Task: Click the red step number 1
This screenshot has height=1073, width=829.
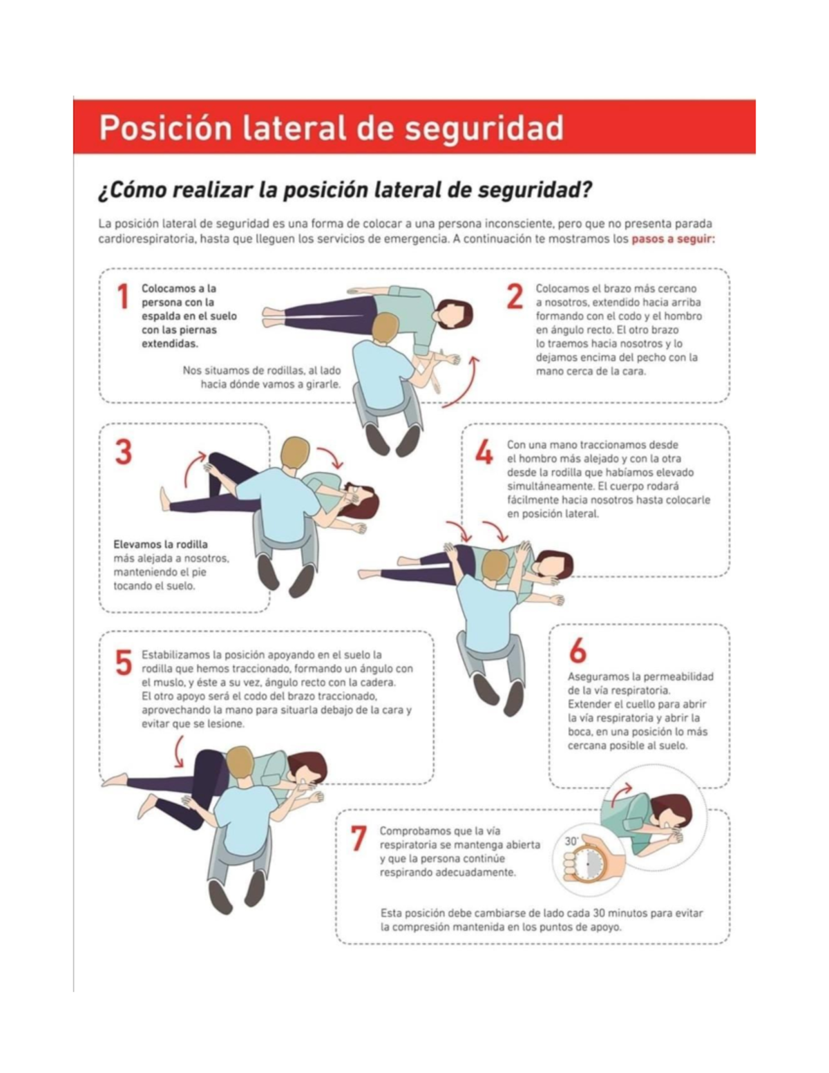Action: tap(123, 297)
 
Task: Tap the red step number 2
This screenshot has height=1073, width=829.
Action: tap(515, 297)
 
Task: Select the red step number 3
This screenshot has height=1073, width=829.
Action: tap(124, 453)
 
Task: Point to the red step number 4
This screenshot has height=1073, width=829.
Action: tap(484, 453)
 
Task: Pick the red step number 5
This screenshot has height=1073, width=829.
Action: tap(124, 663)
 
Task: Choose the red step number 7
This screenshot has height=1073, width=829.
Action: tap(358, 839)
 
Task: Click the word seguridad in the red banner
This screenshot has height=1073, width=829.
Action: tap(484, 129)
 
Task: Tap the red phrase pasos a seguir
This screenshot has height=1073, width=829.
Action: tap(673, 240)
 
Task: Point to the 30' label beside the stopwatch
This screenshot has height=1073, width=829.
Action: tap(571, 841)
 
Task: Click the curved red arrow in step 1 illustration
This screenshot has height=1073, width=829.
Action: tap(464, 383)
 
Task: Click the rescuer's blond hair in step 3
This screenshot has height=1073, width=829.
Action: tap(296, 453)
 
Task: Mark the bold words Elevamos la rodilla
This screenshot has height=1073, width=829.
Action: tap(160, 544)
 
